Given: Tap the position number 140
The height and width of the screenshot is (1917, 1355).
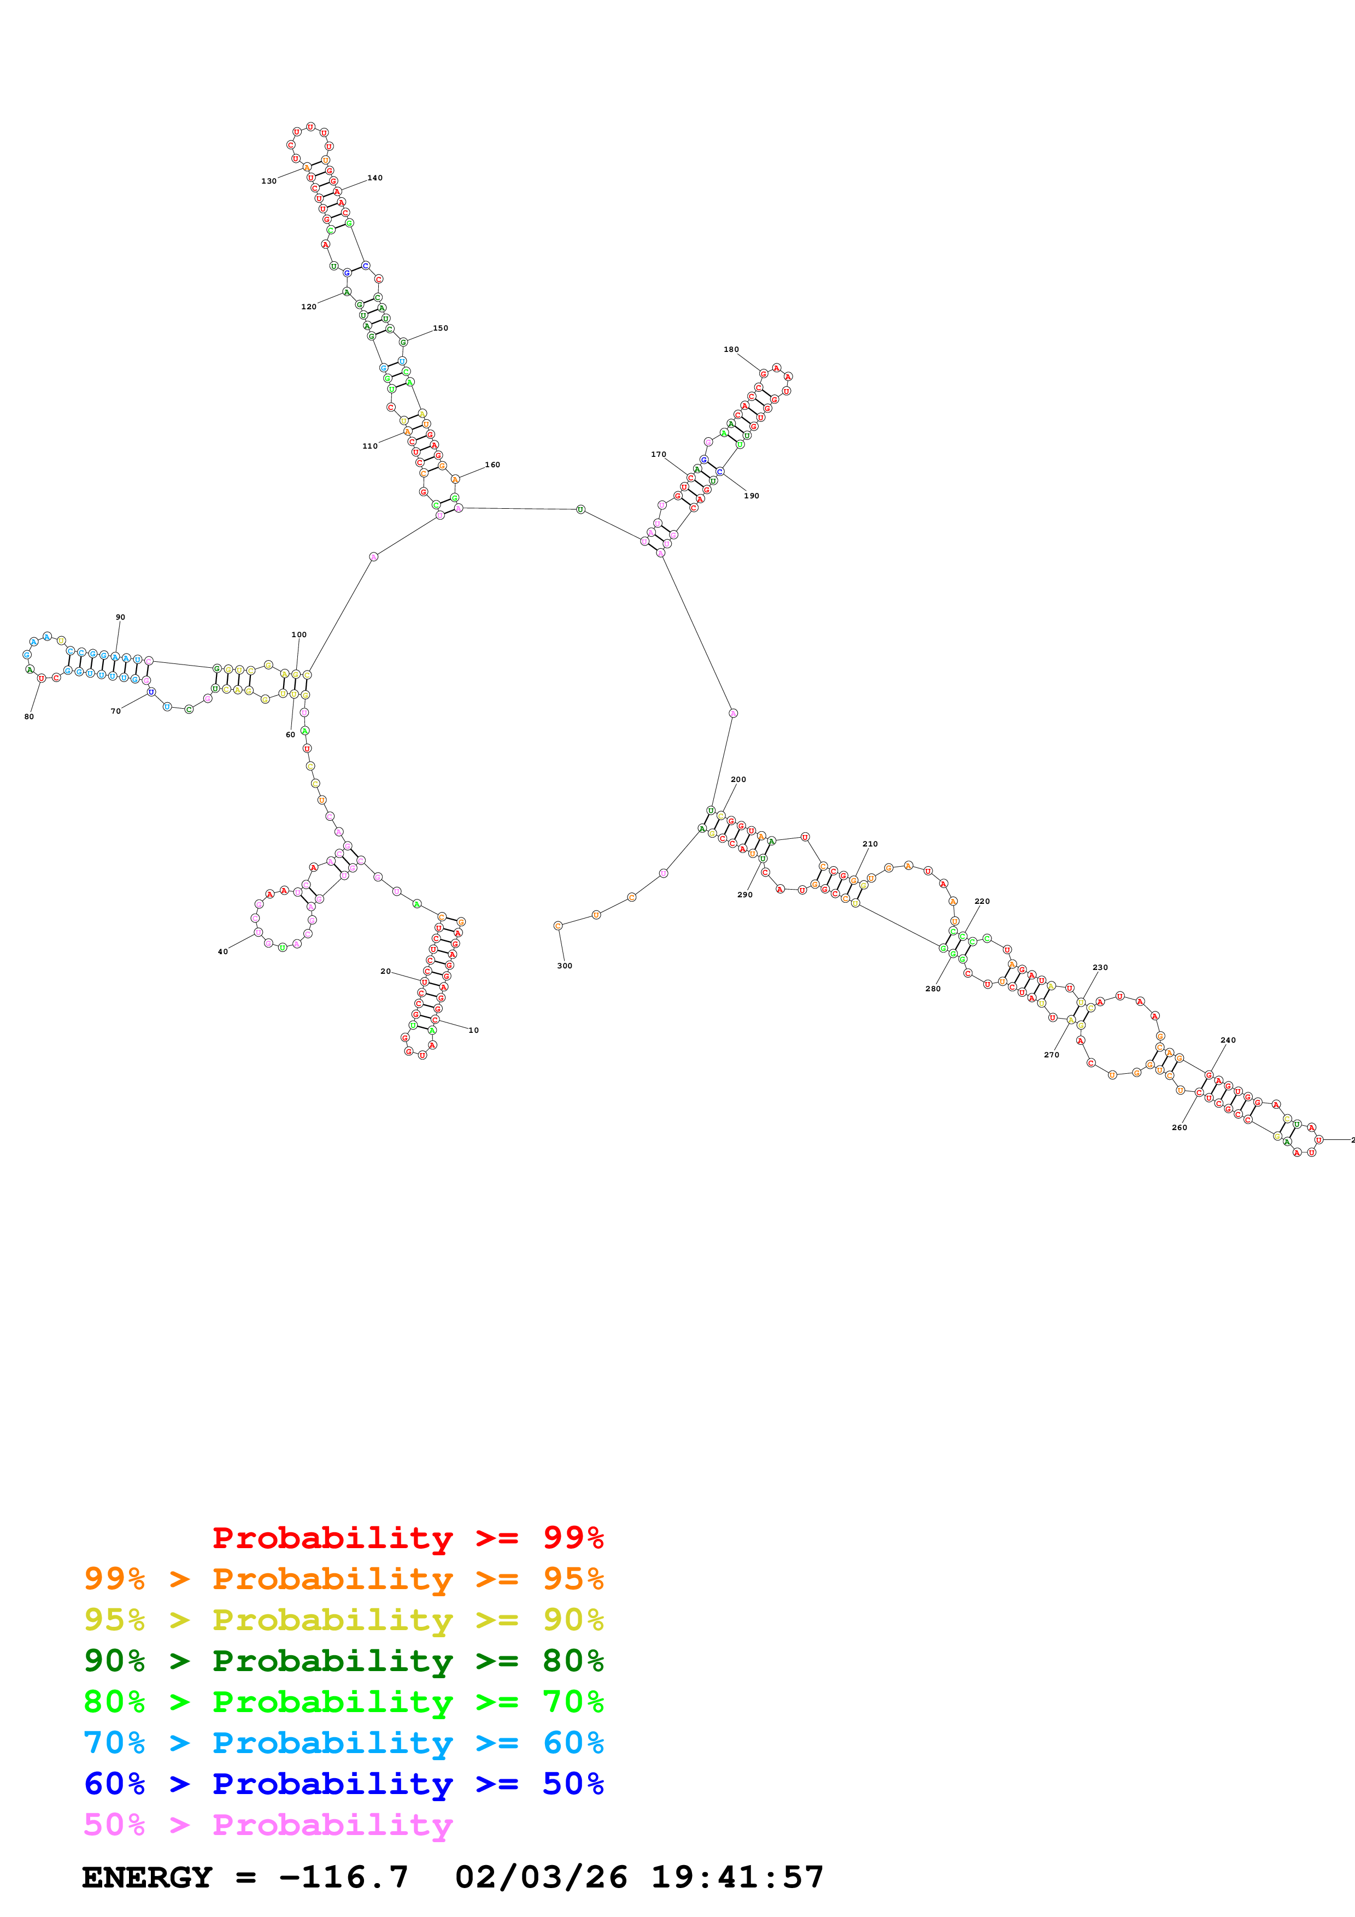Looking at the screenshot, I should (x=375, y=178).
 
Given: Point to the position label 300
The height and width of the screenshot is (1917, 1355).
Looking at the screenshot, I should (x=565, y=966).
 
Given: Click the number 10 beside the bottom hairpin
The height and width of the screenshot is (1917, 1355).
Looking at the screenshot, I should (x=473, y=1030).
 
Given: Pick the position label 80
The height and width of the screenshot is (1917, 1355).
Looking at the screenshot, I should (x=29, y=716).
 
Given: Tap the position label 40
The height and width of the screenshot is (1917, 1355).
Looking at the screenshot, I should (x=223, y=952).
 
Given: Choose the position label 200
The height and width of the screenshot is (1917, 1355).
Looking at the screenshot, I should (x=738, y=780).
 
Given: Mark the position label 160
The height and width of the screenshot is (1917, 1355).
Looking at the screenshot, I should (x=492, y=465).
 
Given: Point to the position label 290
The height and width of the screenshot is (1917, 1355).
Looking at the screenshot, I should (x=744, y=895).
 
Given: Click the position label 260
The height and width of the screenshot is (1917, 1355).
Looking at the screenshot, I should (x=1179, y=1128).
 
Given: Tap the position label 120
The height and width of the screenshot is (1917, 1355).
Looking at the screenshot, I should (x=309, y=307).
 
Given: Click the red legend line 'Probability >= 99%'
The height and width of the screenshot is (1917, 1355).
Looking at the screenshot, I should (x=407, y=1538).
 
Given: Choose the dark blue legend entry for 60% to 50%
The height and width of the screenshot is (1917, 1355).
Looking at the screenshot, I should (x=343, y=1784).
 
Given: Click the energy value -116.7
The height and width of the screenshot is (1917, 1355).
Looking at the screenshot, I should (x=343, y=1878).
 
